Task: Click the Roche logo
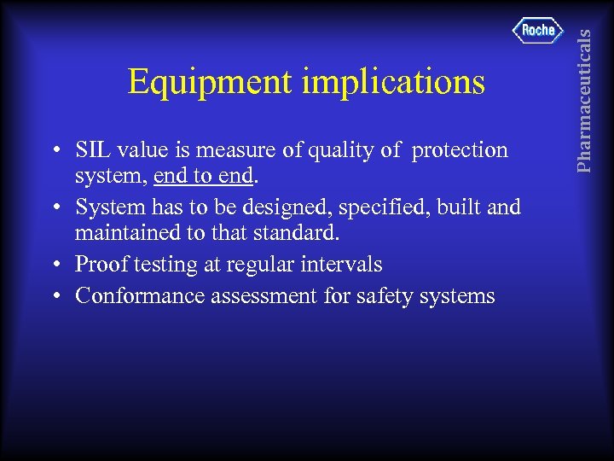(x=538, y=31)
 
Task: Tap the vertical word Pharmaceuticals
(x=583, y=88)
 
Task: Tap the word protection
(x=460, y=150)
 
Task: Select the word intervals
(x=343, y=265)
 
